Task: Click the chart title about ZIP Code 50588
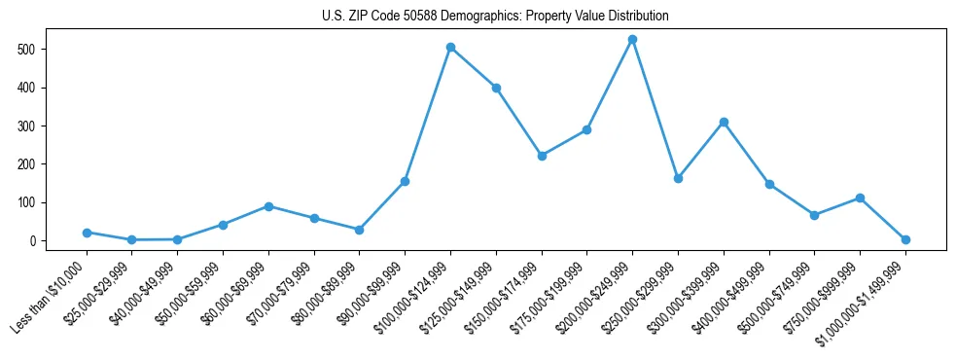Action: [495, 16]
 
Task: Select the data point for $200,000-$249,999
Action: [632, 40]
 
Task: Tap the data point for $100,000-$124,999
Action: [450, 47]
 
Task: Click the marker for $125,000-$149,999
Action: [496, 88]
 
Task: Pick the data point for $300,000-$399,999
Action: [724, 122]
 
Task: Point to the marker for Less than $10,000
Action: [87, 233]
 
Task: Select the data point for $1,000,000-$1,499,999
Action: [905, 239]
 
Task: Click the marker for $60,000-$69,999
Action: [268, 206]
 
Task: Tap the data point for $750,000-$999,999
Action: [860, 198]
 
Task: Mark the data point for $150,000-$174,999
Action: [542, 156]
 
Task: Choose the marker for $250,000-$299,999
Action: [678, 178]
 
